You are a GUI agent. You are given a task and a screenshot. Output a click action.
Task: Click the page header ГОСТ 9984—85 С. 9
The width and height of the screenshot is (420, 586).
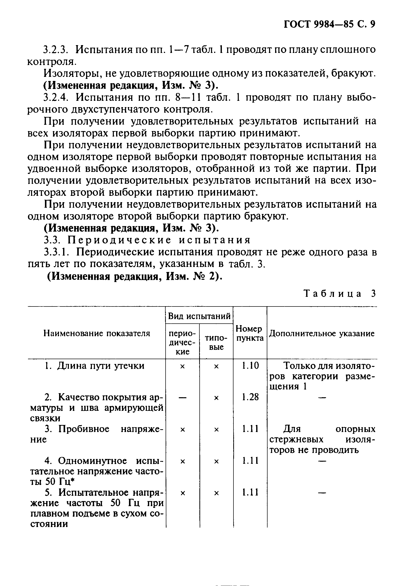(x=329, y=24)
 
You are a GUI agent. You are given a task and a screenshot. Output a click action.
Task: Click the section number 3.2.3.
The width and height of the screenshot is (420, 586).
(x=56, y=50)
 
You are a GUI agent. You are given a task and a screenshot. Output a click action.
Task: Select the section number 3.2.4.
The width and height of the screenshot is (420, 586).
(x=56, y=98)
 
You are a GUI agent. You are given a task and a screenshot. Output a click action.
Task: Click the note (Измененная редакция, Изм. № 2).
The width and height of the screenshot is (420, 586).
(x=135, y=276)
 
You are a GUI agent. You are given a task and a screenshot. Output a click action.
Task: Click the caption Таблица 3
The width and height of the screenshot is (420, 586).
(x=339, y=294)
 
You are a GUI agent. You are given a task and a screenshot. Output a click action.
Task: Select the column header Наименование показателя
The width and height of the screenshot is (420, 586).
(x=97, y=333)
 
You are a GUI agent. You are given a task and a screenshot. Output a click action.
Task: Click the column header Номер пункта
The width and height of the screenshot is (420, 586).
(x=250, y=333)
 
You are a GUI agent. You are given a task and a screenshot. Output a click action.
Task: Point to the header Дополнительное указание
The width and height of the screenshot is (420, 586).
(x=322, y=333)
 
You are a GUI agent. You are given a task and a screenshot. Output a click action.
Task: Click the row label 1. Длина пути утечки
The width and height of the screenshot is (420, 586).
(x=94, y=366)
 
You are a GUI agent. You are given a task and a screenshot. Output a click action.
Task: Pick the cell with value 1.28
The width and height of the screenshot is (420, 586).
(x=250, y=397)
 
